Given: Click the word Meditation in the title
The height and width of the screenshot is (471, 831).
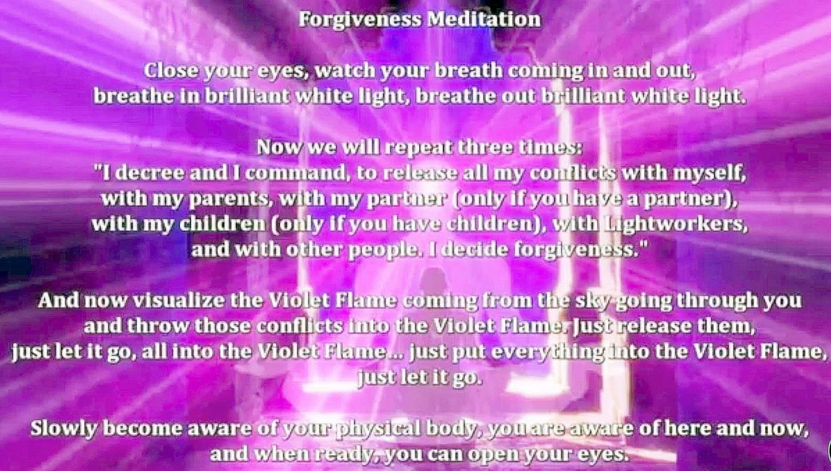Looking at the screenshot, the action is tap(484, 19).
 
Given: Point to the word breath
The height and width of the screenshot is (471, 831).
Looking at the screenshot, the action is tap(468, 70).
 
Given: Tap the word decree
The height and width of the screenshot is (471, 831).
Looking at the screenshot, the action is tap(150, 172).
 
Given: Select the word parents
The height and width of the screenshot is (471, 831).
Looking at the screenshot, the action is tap(229, 199).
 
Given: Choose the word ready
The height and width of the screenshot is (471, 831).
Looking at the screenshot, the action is tap(344, 454).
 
